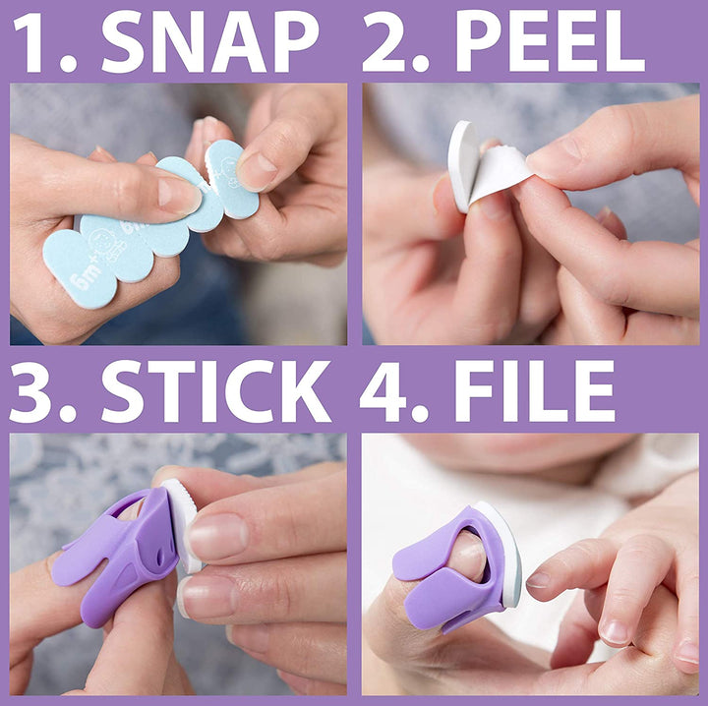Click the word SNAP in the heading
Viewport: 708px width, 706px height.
coord(210,40)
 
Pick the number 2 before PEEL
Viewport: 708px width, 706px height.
coord(385,40)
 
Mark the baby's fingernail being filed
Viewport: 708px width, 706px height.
coord(538,580)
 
